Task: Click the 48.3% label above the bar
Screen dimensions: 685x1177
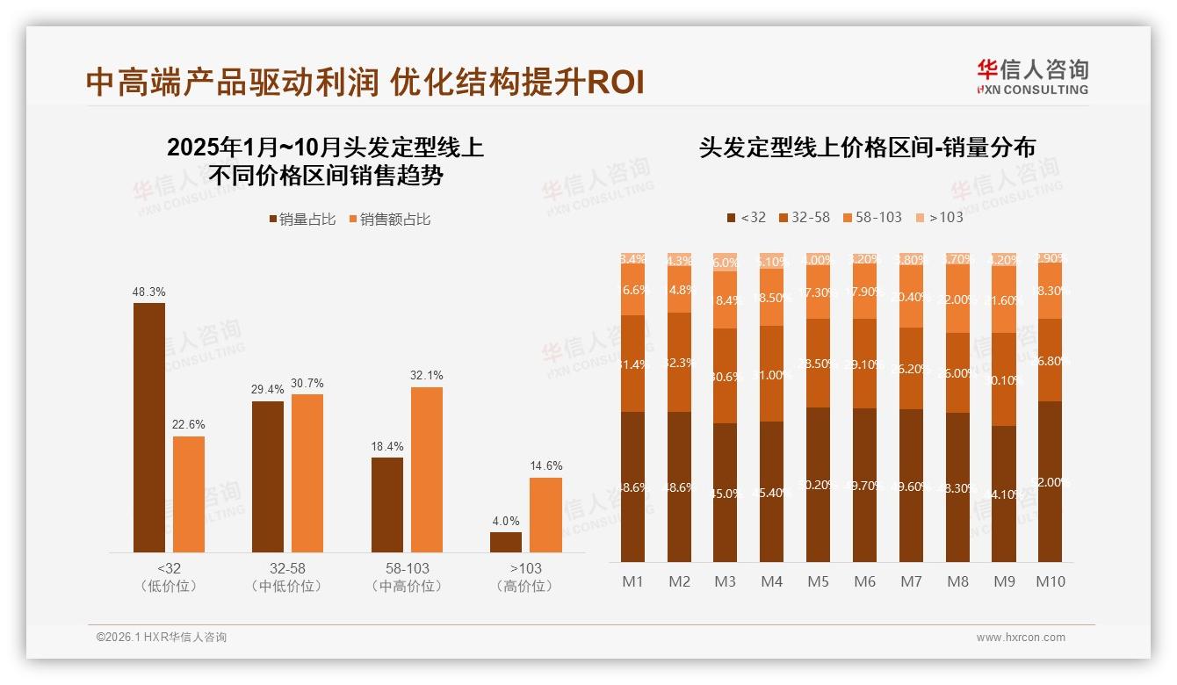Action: tap(149, 292)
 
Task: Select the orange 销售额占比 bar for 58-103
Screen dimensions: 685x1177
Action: tap(426, 469)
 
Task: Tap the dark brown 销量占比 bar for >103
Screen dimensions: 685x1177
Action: tap(506, 542)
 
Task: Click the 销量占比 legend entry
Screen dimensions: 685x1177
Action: tap(301, 219)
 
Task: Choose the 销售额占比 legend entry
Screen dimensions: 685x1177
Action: tap(389, 219)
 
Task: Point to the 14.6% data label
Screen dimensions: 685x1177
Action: tap(546, 465)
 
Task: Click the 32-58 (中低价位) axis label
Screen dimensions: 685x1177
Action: tap(286, 577)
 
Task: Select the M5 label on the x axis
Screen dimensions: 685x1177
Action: tap(818, 581)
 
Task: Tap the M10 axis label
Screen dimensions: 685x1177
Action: tap(1050, 581)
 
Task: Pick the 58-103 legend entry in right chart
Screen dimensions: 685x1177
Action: tap(872, 217)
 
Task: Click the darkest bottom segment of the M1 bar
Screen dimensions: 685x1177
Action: tap(632, 487)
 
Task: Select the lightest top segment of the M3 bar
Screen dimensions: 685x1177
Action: tap(725, 262)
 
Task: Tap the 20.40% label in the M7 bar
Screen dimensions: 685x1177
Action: tap(911, 297)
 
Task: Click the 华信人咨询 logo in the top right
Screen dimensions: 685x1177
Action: tap(1032, 76)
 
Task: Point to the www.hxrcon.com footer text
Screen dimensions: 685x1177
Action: tap(1021, 638)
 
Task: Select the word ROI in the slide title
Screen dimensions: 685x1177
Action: tap(615, 83)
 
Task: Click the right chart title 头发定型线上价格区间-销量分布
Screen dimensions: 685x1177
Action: tap(867, 148)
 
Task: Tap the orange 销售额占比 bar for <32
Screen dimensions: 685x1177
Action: tap(189, 494)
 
